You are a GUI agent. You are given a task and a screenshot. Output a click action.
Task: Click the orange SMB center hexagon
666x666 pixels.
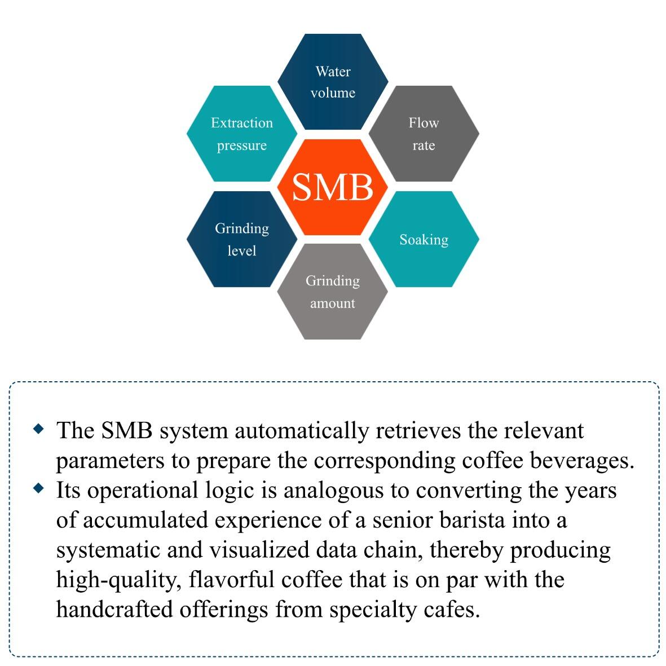333,187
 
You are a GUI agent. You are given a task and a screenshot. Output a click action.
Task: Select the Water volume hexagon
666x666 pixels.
333,82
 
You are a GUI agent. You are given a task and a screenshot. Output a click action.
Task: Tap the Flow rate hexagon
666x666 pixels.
424,134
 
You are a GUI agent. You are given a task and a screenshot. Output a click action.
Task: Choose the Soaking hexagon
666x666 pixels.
424,239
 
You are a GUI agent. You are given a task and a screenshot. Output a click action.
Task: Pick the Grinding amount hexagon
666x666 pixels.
333,292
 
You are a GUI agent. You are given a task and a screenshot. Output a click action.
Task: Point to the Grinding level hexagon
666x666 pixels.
241,239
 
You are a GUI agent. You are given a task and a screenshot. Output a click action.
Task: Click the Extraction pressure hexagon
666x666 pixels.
241,134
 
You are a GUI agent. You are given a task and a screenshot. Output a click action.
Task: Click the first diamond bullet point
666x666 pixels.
39,429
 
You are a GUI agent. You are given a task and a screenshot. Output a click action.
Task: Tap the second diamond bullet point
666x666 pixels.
39,488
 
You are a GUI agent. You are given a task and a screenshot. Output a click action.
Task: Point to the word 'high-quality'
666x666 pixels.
116,580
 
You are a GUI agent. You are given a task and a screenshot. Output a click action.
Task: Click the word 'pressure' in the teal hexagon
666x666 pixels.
241,145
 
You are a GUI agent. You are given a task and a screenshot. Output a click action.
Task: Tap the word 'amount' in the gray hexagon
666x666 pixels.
333,303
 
